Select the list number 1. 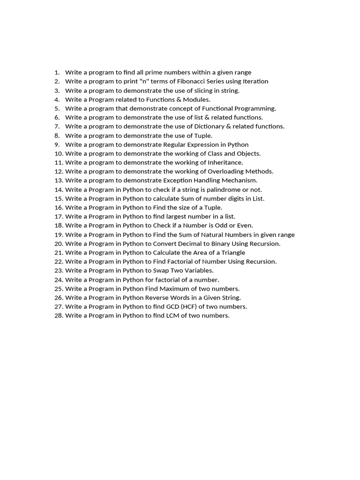[x=57, y=73]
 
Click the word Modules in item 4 [x=195, y=99]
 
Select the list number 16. [x=59, y=208]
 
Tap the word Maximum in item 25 [x=188, y=289]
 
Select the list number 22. [x=59, y=262]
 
